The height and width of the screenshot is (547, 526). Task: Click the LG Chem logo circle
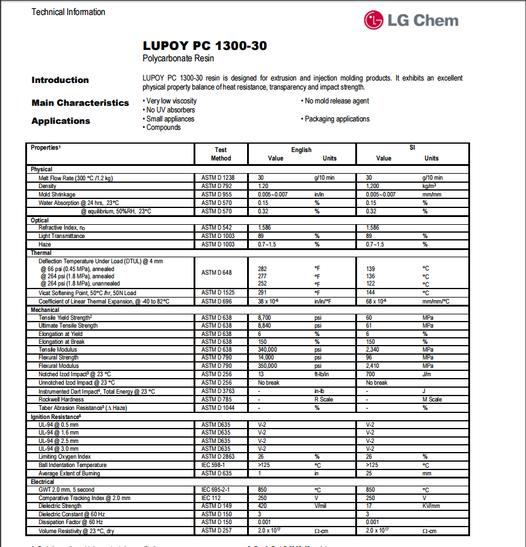click(373, 20)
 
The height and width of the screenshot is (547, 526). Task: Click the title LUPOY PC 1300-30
click(205, 46)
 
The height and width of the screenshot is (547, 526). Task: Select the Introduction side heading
click(60, 80)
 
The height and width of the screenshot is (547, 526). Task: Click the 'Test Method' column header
click(221, 154)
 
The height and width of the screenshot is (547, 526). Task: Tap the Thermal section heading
click(41, 253)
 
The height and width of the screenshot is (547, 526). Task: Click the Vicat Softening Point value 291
click(263, 293)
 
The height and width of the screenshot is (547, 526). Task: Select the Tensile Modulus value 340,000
click(268, 350)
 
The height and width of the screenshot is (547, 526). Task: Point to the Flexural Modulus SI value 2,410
click(375, 365)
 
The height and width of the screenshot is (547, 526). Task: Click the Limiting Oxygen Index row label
click(65, 457)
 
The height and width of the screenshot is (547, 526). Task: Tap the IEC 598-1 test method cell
click(213, 465)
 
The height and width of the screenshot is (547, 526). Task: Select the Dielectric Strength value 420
click(263, 506)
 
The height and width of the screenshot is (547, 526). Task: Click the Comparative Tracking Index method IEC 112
click(210, 498)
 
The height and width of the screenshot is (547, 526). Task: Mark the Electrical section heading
click(43, 482)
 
